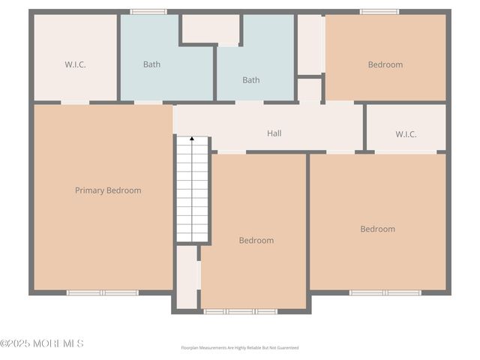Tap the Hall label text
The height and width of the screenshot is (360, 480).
[x=274, y=133]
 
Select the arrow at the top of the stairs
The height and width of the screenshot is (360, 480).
[x=192, y=139]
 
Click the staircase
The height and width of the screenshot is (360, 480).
[x=193, y=191]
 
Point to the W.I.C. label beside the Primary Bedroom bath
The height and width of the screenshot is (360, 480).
[x=75, y=64]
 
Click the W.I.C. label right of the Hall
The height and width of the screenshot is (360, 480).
[x=406, y=134]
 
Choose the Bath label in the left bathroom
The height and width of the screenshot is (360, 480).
[x=151, y=64]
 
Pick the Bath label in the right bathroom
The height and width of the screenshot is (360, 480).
[x=250, y=79]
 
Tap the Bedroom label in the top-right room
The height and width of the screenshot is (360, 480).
[x=385, y=64]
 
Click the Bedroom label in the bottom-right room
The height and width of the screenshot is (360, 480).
[x=377, y=229]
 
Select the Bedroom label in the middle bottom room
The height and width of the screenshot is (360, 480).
[x=256, y=241]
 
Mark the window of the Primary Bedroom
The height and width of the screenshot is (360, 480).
[x=103, y=292]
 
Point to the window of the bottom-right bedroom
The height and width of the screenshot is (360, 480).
[x=385, y=292]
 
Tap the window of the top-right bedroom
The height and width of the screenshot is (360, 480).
[x=379, y=11]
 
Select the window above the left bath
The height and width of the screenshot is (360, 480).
[x=148, y=11]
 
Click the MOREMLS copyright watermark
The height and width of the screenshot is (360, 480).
[x=42, y=343]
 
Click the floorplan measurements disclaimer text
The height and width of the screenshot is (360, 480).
[x=240, y=348]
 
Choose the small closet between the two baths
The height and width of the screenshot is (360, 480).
[x=211, y=29]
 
